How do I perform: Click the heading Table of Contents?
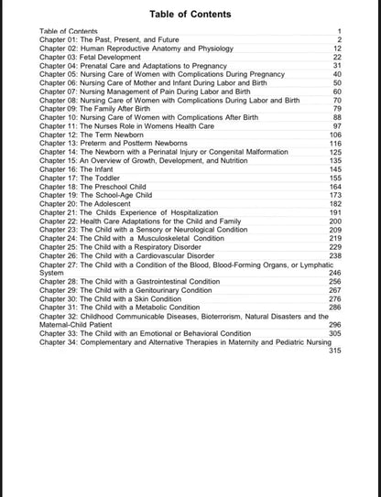pos(190,15)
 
